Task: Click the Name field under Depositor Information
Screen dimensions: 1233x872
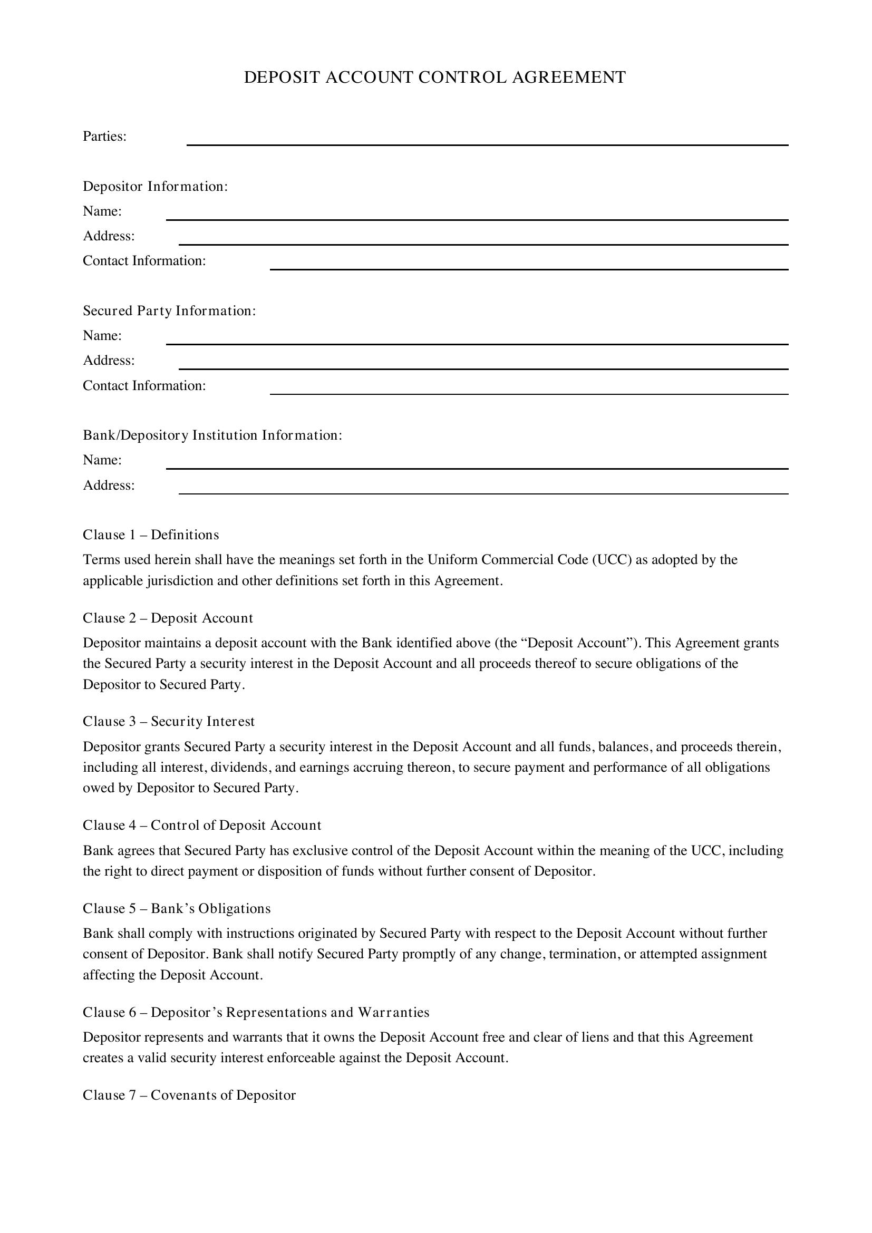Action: coord(476,214)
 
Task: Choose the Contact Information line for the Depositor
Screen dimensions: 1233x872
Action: coord(528,264)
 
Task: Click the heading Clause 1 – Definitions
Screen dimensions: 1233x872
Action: coord(151,535)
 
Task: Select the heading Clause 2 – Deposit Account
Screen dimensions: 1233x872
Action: coord(168,618)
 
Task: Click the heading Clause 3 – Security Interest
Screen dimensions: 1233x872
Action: coord(169,721)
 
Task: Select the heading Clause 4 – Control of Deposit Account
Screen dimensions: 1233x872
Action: coord(202,825)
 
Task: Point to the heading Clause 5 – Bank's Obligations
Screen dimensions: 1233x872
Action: coord(177,908)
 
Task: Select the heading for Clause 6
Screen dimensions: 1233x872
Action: coord(256,1012)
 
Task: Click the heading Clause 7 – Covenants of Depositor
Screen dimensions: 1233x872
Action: coord(189,1095)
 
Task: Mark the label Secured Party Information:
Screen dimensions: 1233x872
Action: coord(169,311)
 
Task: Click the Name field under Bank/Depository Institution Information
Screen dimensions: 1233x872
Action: coord(476,463)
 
